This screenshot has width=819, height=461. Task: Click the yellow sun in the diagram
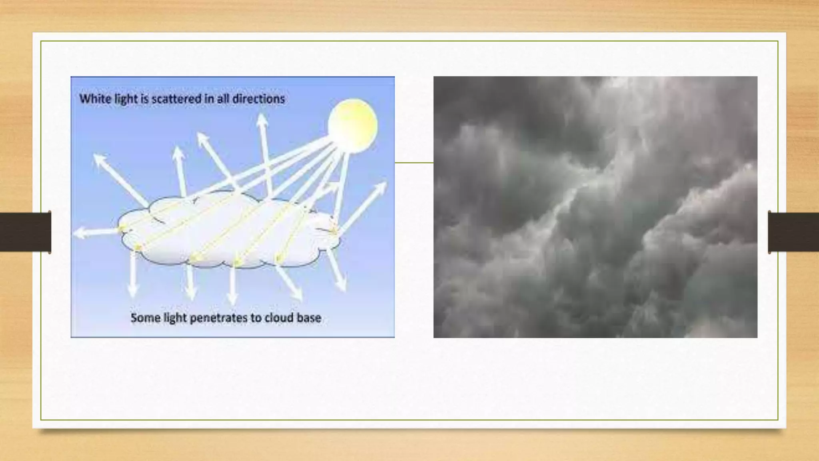click(x=353, y=125)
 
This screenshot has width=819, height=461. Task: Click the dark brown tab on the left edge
click(x=25, y=232)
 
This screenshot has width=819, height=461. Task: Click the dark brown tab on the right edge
click(x=793, y=232)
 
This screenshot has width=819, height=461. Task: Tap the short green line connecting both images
click(x=414, y=162)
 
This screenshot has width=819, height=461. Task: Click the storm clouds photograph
click(x=595, y=207)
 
